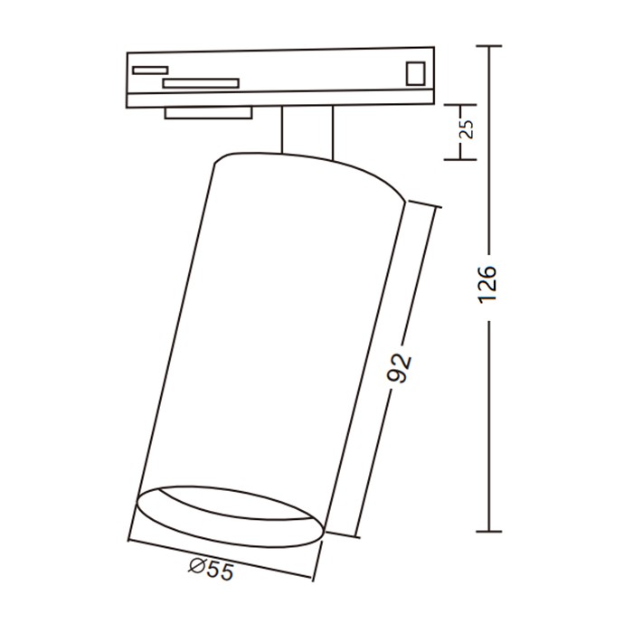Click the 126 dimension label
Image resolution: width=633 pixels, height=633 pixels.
coord(487,283)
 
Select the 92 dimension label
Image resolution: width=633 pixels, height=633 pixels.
coord(399,368)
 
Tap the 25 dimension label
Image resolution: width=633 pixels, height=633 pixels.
coord(468,129)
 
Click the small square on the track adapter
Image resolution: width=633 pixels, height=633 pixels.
coord(415,73)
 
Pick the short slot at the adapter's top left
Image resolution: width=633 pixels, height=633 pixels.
coord(150,71)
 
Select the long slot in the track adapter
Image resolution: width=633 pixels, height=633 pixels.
coord(201,83)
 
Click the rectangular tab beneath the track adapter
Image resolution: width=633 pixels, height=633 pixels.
coord(208,113)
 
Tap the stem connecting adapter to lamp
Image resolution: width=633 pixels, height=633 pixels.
coord(307,132)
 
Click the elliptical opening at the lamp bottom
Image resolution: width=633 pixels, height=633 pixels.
coord(231,516)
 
